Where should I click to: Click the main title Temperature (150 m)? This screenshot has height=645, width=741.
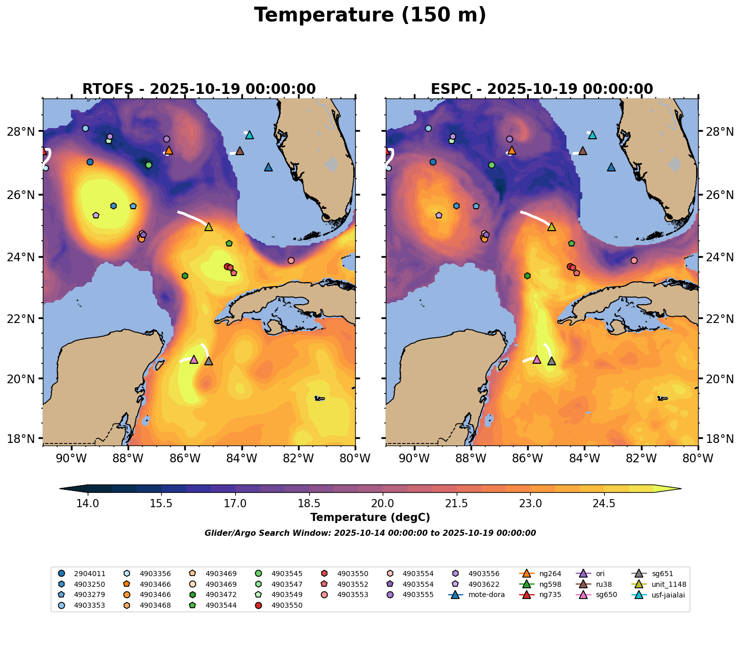coord(370,15)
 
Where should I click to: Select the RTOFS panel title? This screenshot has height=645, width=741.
coord(199,89)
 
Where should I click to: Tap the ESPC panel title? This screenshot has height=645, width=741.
coord(541,89)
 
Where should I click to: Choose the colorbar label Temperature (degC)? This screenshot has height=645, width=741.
coord(370,517)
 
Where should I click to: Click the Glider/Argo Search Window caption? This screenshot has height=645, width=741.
coord(370,533)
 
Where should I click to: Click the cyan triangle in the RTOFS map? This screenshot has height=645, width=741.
coord(250,135)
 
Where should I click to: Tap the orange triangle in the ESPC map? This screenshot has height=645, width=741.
coord(512,151)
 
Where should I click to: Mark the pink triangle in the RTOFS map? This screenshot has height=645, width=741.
coord(193,360)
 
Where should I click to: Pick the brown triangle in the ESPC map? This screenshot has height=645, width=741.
coord(582,151)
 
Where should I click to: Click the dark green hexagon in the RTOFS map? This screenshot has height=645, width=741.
coord(185,276)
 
